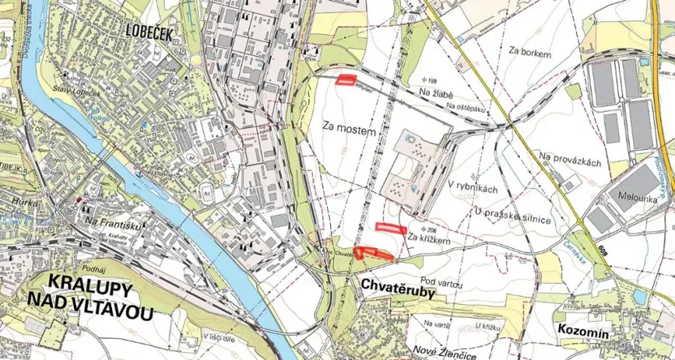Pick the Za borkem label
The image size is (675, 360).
click(x=531, y=53)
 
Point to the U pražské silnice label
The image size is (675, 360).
click(x=514, y=212)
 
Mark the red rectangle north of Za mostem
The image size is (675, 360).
click(x=348, y=79)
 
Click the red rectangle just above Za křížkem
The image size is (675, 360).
click(x=390, y=228)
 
